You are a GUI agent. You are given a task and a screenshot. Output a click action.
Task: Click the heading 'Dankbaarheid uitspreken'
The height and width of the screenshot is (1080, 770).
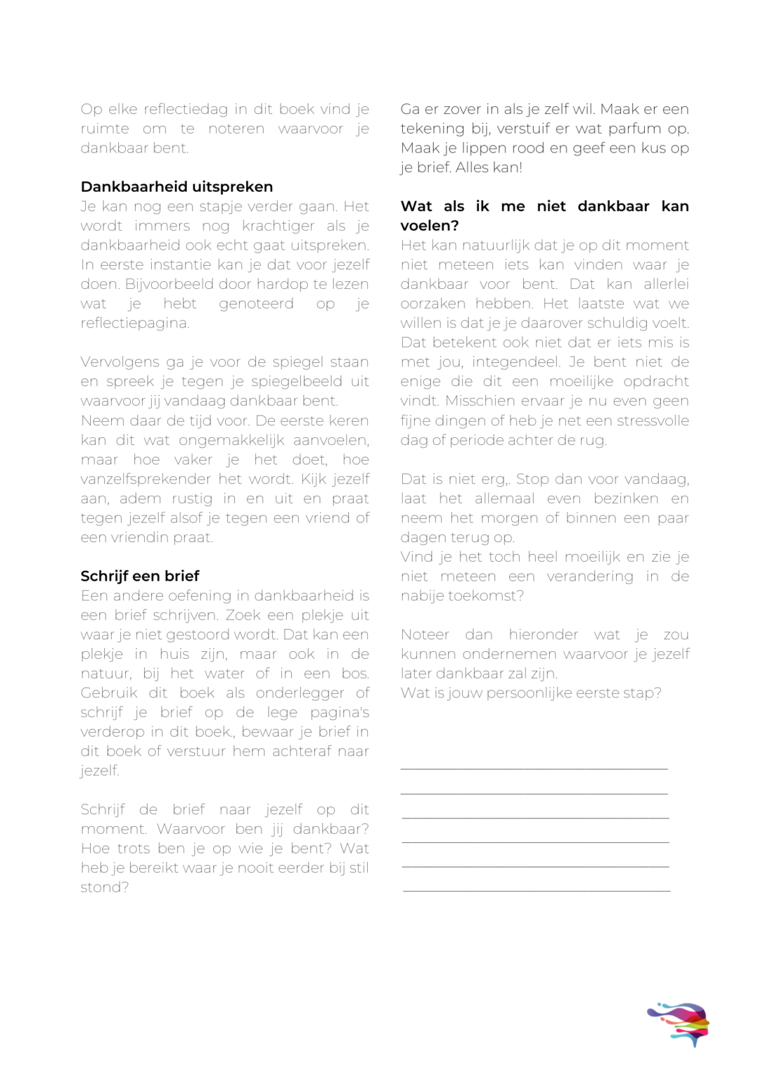click(177, 187)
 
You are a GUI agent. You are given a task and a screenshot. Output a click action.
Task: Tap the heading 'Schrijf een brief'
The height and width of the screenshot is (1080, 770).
click(140, 577)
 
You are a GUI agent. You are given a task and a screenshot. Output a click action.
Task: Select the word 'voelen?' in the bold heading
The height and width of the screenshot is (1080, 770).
click(429, 226)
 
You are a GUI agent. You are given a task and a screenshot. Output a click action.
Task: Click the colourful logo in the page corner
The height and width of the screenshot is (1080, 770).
click(679, 1024)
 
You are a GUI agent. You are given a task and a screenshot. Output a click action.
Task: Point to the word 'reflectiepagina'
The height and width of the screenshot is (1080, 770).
click(134, 323)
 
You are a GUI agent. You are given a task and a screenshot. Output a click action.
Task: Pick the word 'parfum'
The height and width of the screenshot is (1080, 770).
click(636, 129)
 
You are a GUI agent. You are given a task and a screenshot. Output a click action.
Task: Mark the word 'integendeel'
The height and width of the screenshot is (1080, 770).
click(515, 362)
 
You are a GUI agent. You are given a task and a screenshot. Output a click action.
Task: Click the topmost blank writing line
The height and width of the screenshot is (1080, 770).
click(534, 769)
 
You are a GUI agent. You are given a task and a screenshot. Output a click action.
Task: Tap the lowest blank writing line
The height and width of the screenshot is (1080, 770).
click(537, 891)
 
